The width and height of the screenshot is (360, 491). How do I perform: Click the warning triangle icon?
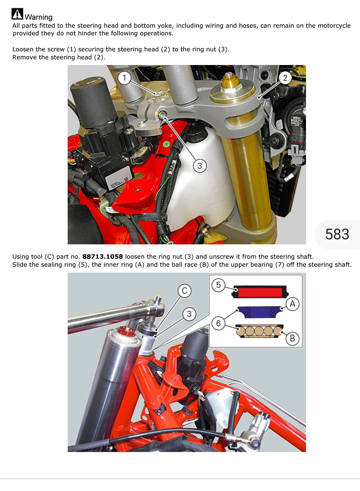coord(17,14)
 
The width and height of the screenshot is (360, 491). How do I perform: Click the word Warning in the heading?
coord(38,17)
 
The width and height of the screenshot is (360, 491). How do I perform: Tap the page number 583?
coord(337,234)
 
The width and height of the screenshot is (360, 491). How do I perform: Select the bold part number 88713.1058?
coord(103,256)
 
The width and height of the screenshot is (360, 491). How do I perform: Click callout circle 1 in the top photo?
coord(124,78)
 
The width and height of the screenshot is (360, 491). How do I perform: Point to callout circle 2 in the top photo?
coord(285,78)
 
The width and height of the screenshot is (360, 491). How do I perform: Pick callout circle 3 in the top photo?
coord(200,166)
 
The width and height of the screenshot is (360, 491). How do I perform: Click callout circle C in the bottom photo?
coord(184,291)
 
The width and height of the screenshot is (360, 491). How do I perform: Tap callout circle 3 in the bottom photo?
coord(189,314)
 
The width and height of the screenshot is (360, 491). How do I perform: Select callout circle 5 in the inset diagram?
coord(218,285)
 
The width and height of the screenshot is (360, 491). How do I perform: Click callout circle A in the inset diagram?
coord(292,304)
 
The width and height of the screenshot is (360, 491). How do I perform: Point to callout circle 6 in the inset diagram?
coord(218,323)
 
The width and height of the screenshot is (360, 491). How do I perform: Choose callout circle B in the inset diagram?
coord(292,339)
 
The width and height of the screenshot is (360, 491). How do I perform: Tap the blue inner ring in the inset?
coord(260,312)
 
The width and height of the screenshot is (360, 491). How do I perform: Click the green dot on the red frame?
coord(166,144)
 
